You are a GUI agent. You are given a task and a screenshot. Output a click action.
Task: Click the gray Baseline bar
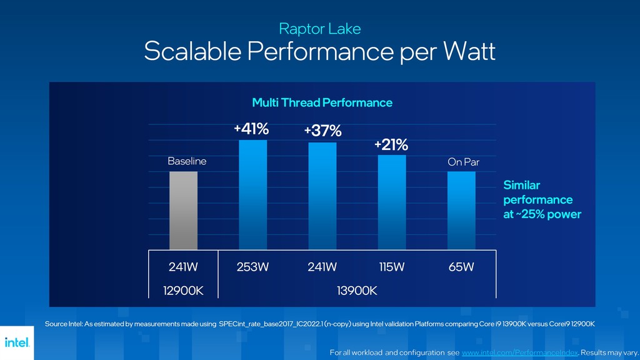[184, 211]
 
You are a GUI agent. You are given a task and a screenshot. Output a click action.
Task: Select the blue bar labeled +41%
[253, 195]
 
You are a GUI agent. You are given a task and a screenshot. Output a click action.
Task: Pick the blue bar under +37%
[322, 196]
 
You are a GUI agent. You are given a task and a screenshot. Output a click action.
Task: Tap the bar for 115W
[392, 202]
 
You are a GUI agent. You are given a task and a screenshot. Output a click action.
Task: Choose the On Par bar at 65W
[461, 211]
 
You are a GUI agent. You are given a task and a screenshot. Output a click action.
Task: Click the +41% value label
[251, 129]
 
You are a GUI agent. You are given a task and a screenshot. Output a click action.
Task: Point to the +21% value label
[391, 145]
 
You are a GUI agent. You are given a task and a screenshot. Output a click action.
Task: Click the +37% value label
[322, 131]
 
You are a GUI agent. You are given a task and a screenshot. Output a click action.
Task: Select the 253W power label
[253, 267]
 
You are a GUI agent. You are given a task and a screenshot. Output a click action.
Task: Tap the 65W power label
[461, 267]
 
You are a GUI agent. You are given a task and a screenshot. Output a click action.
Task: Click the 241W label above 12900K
[183, 267]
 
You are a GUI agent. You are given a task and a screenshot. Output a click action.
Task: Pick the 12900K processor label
[183, 291]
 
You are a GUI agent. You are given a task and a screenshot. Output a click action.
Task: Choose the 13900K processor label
[357, 291]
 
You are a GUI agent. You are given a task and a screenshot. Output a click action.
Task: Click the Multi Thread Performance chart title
[322, 102]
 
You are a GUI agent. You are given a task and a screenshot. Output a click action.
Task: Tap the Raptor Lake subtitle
[319, 29]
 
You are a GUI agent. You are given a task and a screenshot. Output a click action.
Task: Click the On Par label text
[463, 162]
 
